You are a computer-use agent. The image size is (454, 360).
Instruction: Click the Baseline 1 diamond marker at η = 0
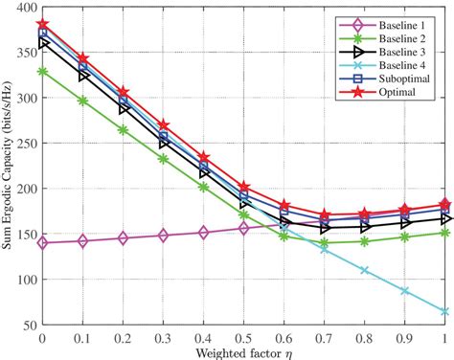tap(42, 243)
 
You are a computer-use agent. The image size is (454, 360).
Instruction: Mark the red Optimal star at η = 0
tap(42, 25)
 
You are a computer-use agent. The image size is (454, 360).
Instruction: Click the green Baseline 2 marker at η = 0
tap(42, 72)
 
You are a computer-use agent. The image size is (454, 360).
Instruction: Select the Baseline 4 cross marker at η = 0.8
tap(365, 270)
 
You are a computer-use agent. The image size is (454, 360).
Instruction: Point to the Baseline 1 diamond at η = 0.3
tap(163, 235)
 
